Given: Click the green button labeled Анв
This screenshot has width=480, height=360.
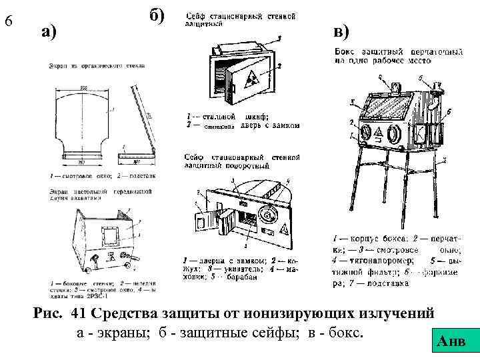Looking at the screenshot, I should pos(454,343).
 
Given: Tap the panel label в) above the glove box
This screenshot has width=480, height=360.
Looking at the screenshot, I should pos(348,31).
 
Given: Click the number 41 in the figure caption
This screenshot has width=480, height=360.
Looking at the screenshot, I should pos(78,313).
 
